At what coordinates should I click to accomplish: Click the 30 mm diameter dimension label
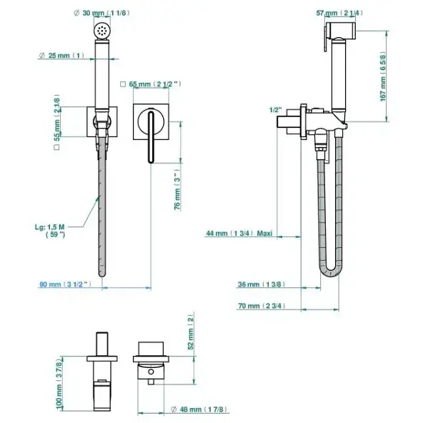coord(101,13)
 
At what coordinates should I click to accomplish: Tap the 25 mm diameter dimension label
coord(61,56)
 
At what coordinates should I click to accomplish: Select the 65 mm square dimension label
coord(151,84)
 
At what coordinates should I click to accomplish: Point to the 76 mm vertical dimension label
coord(177,189)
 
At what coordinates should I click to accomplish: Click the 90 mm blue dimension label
coord(66,284)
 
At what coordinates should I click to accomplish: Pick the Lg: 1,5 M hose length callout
coord(50,231)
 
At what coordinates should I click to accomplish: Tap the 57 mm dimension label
coord(339,13)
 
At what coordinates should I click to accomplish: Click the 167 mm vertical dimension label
coord(383,76)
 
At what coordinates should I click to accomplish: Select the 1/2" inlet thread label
coord(276,110)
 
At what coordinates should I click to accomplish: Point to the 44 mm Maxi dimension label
coord(239,233)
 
